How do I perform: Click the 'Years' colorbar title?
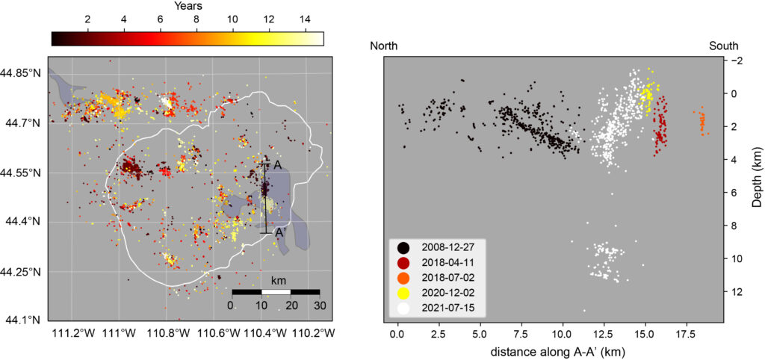188,7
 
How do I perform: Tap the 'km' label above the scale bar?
276,280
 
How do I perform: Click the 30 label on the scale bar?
319,305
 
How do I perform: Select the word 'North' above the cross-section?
384,46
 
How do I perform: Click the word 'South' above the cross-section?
724,46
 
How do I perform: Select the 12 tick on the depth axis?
738,291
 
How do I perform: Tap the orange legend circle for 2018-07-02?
403,277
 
